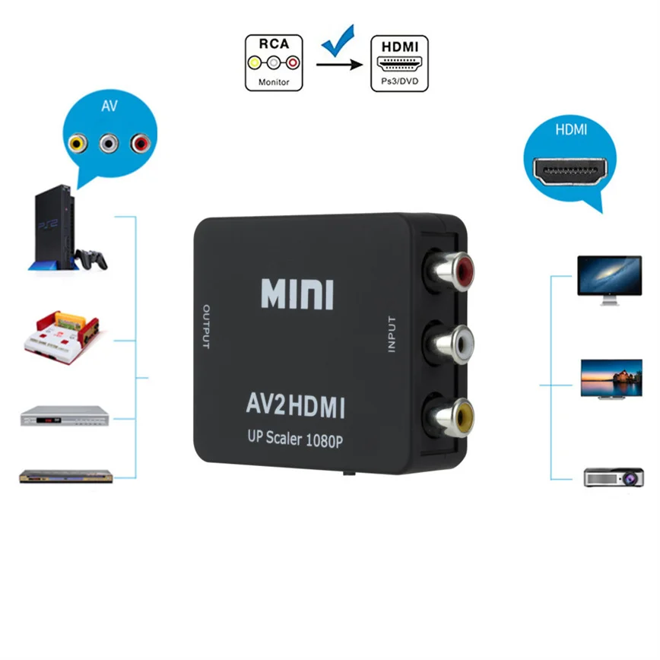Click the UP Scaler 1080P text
click(297, 439)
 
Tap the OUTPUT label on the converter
click(205, 327)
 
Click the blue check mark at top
click(338, 42)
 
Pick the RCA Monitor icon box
click(274, 63)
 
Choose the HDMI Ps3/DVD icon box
click(399, 63)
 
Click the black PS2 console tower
click(57, 229)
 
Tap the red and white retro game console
click(65, 334)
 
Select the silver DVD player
click(65, 417)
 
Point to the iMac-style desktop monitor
click(609, 278)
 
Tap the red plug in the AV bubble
click(139, 142)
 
